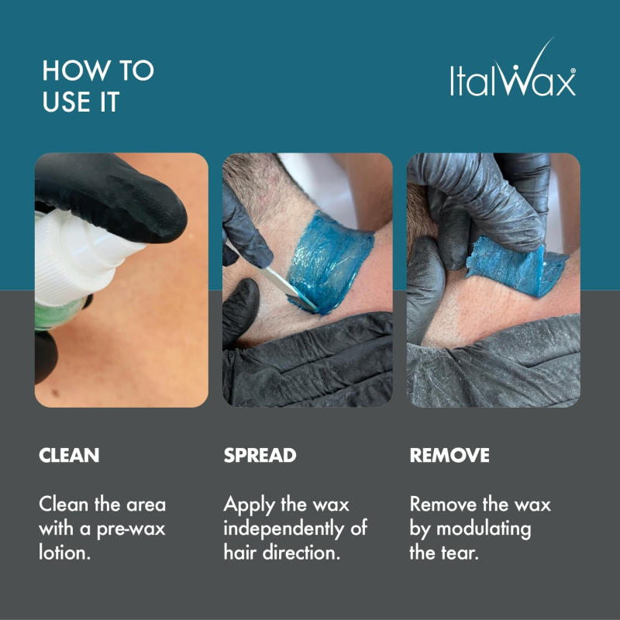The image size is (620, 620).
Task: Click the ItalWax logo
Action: pos(513,68)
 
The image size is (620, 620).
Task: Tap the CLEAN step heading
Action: pos(69,455)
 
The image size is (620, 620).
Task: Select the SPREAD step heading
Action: pos(260,455)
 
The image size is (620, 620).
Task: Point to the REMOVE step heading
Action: pos(449,455)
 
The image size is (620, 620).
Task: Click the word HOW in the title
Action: pos(76,71)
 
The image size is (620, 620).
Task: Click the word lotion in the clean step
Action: pos(64,552)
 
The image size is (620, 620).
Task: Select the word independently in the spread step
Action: pos(284,529)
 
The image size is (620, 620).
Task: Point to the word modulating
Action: pos(483,529)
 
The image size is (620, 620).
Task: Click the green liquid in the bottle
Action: pos(60,315)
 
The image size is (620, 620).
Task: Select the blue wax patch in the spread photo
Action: pos(329,262)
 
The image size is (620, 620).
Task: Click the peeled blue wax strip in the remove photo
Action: pos(516,266)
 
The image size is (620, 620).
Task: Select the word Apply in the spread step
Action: pos(249,505)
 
